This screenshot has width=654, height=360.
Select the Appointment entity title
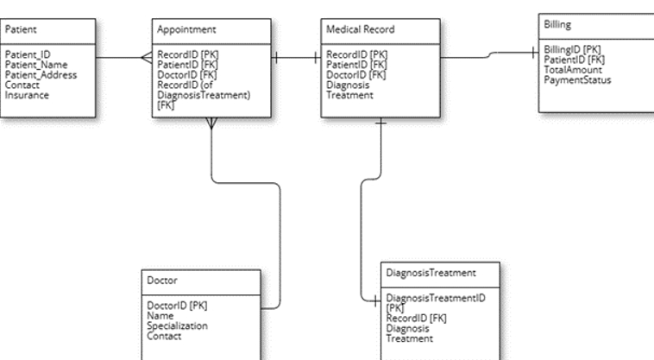(180, 29)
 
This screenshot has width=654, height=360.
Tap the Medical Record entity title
(360, 29)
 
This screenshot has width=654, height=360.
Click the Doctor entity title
(162, 280)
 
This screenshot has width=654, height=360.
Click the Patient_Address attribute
(41, 74)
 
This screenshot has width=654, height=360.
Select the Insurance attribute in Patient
(27, 95)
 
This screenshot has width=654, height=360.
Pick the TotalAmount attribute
(573, 70)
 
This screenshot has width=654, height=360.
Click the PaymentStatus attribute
(577, 80)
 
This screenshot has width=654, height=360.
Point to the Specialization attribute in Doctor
(177, 326)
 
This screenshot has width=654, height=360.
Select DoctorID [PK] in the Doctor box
(177, 306)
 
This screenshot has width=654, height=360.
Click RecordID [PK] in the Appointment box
(186, 54)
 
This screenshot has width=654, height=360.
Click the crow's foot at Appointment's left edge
(146, 58)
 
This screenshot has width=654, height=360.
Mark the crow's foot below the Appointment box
(212, 123)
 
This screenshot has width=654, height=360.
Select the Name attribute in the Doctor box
(160, 316)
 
